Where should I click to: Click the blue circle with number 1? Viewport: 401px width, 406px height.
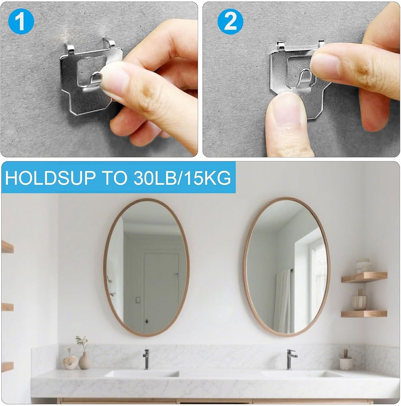(x=21, y=21)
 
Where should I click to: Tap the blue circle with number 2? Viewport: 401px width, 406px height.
(x=231, y=22)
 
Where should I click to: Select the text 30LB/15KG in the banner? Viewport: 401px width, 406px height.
(x=182, y=178)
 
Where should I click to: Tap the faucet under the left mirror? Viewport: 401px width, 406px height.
(x=146, y=359)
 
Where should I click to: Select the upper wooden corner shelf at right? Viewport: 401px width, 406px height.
(x=364, y=277)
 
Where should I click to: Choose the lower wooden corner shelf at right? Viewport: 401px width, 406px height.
(x=364, y=313)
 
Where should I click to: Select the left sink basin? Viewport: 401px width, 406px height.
(x=142, y=374)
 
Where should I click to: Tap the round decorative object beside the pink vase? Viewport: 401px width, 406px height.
(x=70, y=362)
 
